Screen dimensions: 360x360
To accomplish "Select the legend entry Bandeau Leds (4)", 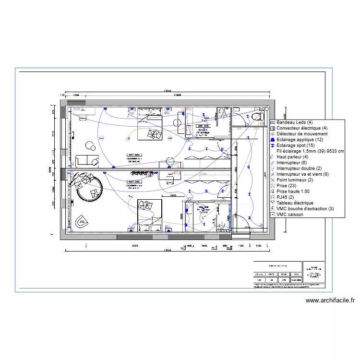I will coord(294,123).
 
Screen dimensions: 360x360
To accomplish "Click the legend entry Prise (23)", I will coord(288,186).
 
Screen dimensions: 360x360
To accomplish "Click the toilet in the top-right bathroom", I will coord(258,117).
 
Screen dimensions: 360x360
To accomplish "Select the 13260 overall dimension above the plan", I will coord(167,91).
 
